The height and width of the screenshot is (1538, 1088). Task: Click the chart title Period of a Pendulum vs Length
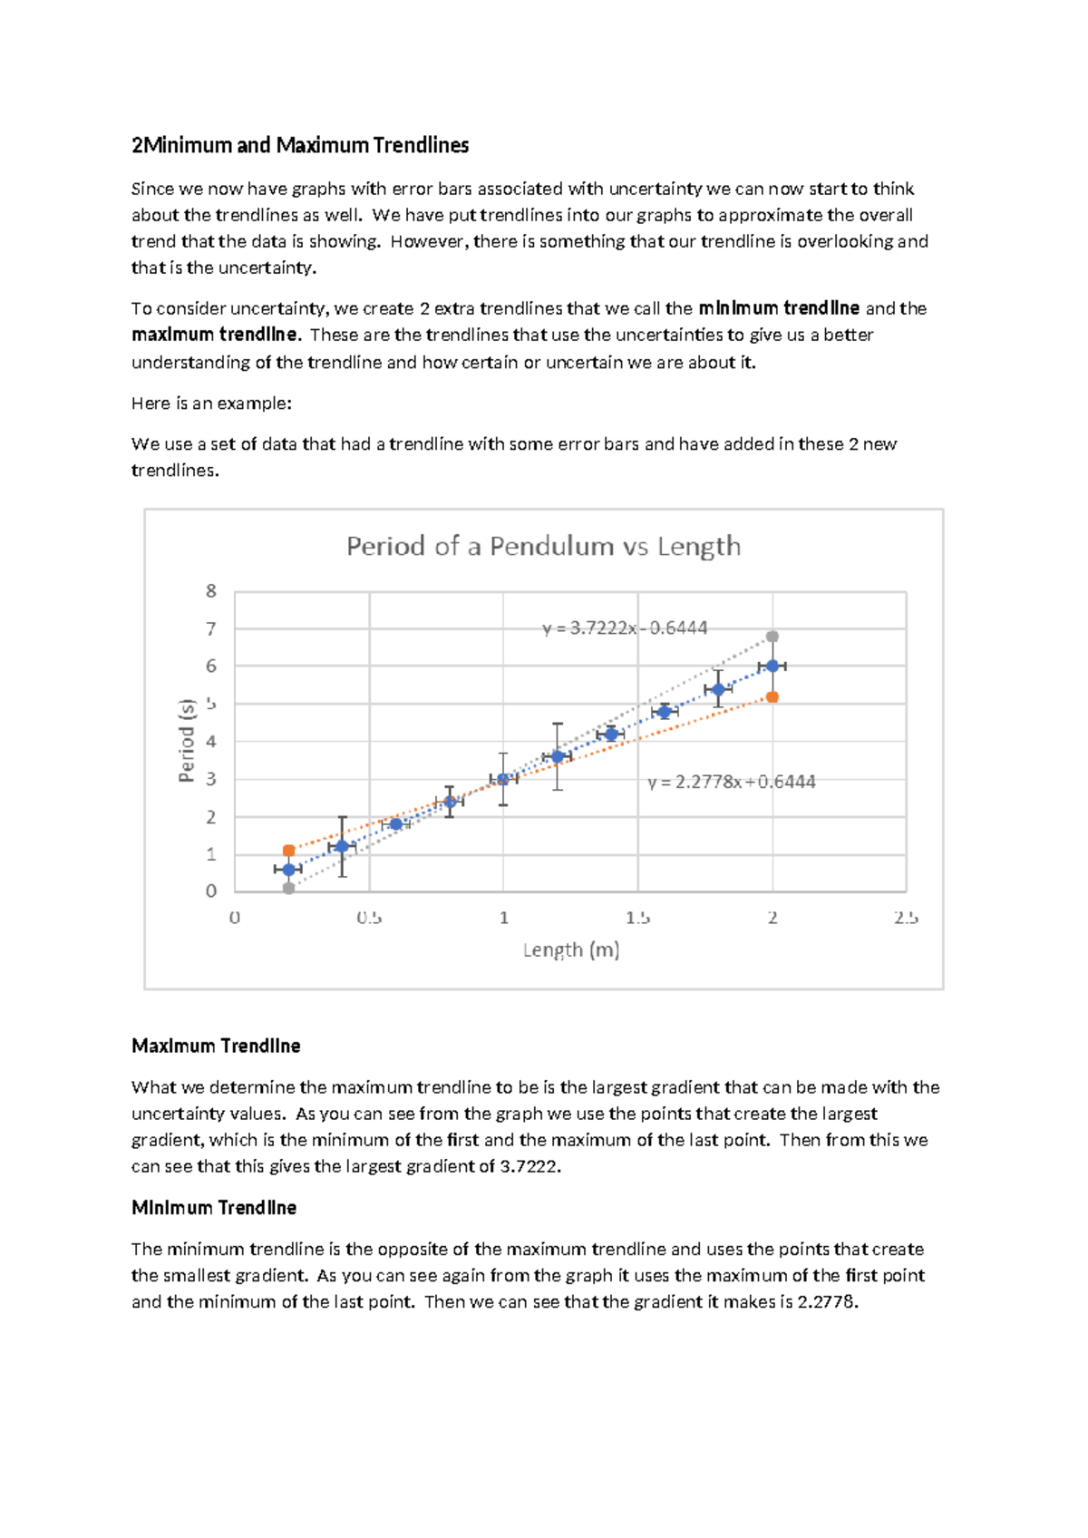pyautogui.click(x=543, y=546)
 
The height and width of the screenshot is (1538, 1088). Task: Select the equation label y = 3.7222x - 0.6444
pyautogui.click(x=625, y=628)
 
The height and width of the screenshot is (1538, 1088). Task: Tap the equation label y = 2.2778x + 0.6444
pyautogui.click(x=731, y=782)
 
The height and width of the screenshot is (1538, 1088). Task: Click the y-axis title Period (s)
pyautogui.click(x=187, y=741)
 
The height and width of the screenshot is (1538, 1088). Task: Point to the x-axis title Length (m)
pyautogui.click(x=570, y=949)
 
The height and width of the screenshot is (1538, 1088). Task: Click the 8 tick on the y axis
pyautogui.click(x=211, y=591)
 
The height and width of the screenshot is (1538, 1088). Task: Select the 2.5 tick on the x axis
pyautogui.click(x=905, y=918)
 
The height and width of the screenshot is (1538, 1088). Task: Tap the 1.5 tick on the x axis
pyautogui.click(x=637, y=918)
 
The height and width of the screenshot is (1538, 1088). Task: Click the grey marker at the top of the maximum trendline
pyautogui.click(x=772, y=637)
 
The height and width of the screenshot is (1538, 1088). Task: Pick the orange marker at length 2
pyautogui.click(x=772, y=697)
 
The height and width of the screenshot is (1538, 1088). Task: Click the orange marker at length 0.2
pyautogui.click(x=288, y=851)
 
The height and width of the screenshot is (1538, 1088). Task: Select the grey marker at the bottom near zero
pyautogui.click(x=288, y=889)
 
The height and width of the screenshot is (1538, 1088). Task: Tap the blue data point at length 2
pyautogui.click(x=772, y=666)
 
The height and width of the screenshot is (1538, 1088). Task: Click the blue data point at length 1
pyautogui.click(x=503, y=779)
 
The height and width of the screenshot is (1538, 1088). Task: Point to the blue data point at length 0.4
pyautogui.click(x=342, y=846)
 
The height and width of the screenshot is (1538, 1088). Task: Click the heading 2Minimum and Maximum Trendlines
pyautogui.click(x=300, y=145)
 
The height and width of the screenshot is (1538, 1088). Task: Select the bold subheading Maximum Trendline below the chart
pyautogui.click(x=216, y=1046)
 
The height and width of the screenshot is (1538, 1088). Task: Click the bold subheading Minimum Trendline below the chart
pyautogui.click(x=214, y=1208)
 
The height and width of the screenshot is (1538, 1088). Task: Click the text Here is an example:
pyautogui.click(x=211, y=404)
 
